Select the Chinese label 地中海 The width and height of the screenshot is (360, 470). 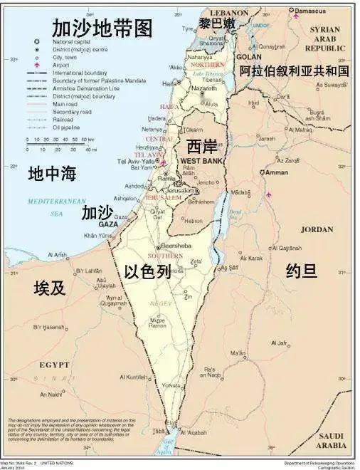click(52, 173)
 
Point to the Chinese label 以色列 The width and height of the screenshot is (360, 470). click(147, 271)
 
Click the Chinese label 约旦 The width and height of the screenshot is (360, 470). click(301, 270)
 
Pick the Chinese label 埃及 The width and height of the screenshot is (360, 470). click(50, 288)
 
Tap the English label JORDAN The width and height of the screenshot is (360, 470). click(317, 229)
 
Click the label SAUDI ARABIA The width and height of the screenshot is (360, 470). click(330, 440)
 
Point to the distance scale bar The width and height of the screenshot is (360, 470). click(61, 145)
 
